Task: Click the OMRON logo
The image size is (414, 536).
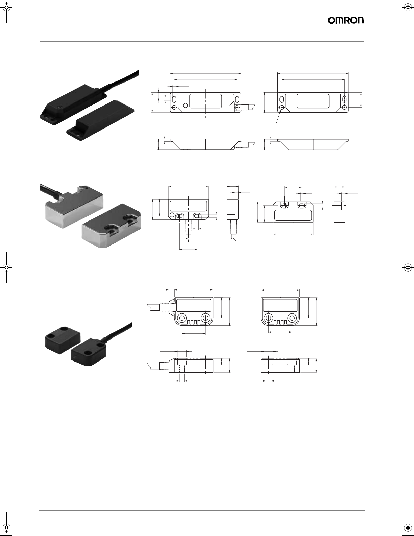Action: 346,21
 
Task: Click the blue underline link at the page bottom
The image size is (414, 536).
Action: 67,533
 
